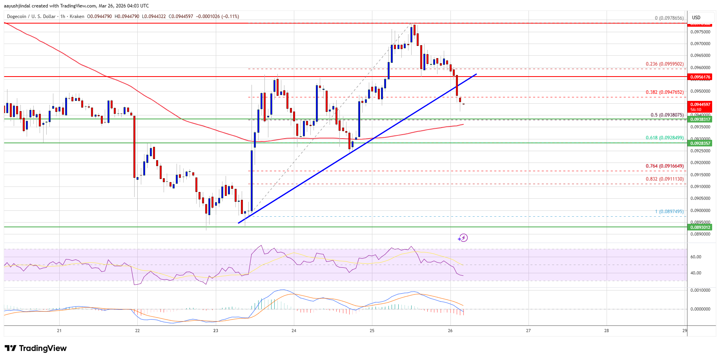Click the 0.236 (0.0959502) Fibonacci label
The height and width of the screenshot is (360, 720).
[x=665, y=64]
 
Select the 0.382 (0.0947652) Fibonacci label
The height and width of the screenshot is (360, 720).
[x=665, y=92]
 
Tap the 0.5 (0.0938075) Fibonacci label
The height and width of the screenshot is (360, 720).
[x=667, y=115]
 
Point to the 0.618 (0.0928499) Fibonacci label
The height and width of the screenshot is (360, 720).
[x=665, y=138]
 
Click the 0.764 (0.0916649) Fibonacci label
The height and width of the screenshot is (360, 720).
[x=665, y=166]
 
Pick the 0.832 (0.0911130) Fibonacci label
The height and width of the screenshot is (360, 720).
[x=665, y=179]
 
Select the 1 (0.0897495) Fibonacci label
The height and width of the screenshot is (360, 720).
[x=669, y=212]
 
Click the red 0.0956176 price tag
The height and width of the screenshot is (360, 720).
[x=700, y=77]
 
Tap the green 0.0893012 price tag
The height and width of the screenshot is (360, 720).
[x=700, y=227]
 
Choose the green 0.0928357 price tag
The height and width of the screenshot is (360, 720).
[x=700, y=143]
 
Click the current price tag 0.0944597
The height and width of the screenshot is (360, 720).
[x=700, y=104]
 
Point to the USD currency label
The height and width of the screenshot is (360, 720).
[x=696, y=18]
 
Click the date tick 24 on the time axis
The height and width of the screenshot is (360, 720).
[x=294, y=331]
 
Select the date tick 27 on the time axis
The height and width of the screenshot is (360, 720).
[x=528, y=331]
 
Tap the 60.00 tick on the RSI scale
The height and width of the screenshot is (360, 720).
[x=696, y=257]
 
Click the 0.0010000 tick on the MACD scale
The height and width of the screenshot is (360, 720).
[x=700, y=290]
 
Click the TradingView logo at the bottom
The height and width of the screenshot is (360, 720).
[x=36, y=348]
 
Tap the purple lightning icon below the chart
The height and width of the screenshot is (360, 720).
[x=463, y=238]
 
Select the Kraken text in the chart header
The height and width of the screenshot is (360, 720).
[x=77, y=16]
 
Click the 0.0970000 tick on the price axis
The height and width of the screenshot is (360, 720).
[x=700, y=44]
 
